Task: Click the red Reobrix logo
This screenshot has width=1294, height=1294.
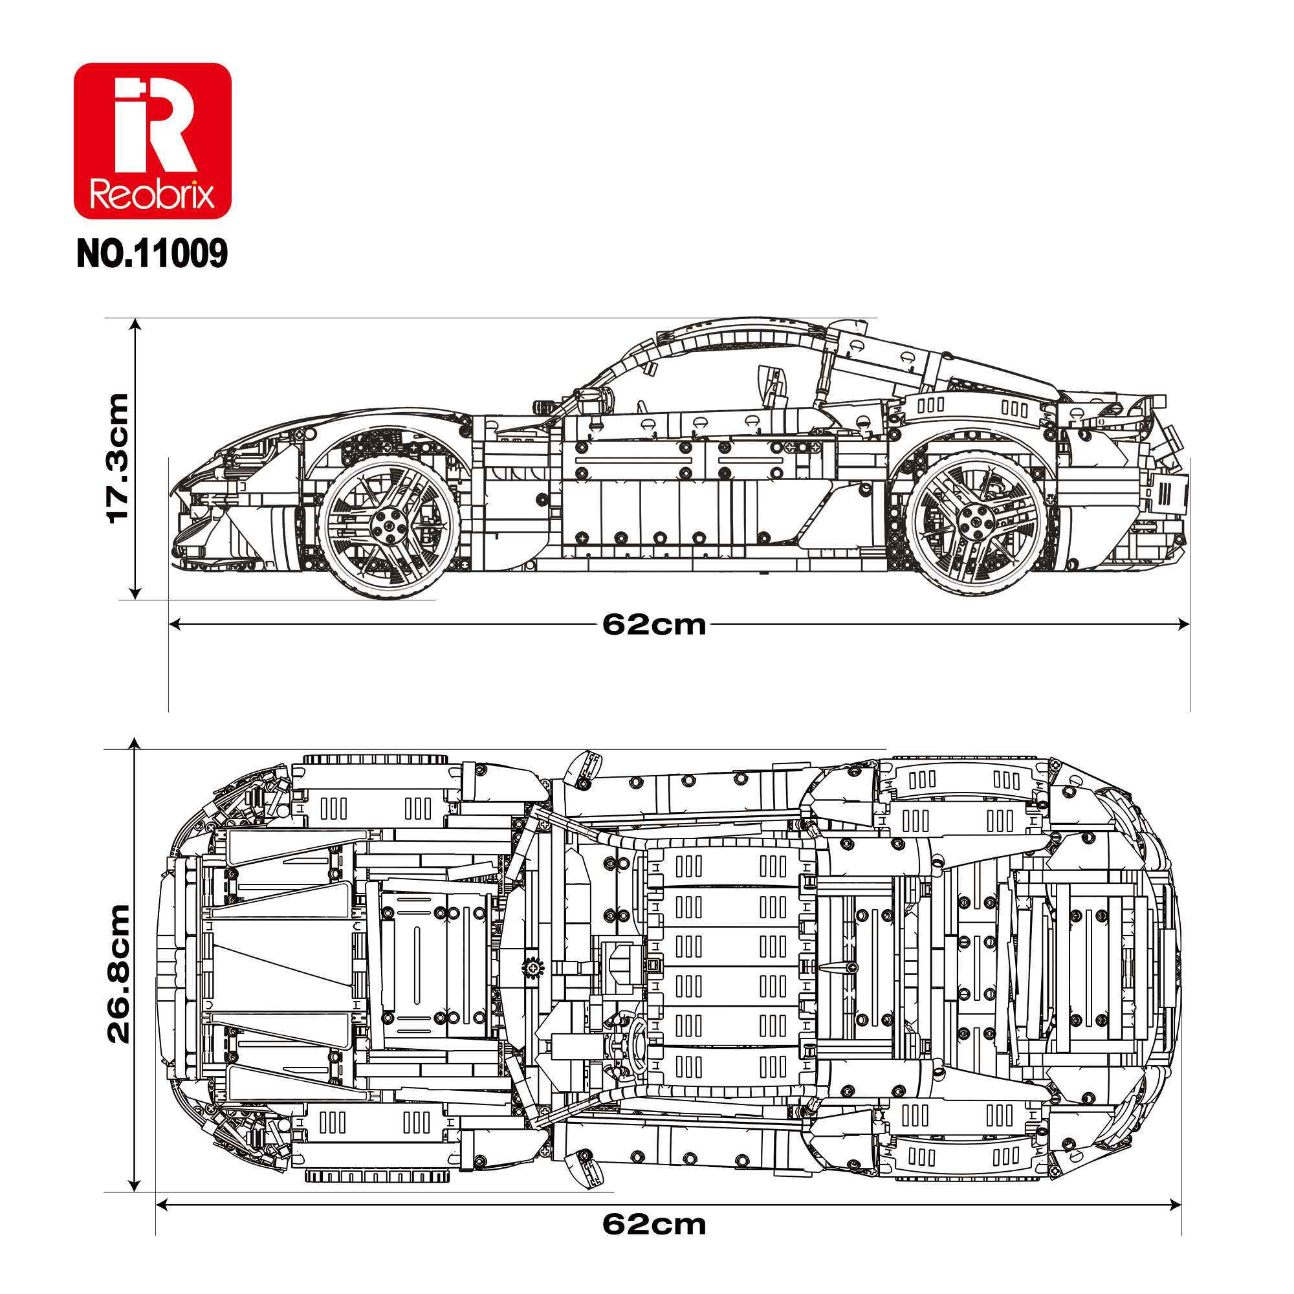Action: point(152,140)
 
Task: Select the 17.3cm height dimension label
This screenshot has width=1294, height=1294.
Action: point(118,458)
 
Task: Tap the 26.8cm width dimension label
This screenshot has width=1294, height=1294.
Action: point(118,974)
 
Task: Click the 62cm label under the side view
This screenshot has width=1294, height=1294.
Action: point(653,624)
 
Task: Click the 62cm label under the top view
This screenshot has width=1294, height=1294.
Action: point(653,1224)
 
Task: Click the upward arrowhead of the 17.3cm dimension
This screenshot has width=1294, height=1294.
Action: point(135,325)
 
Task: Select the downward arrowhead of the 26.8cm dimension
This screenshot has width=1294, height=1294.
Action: point(135,1185)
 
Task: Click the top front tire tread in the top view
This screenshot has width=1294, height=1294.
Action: point(375,760)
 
